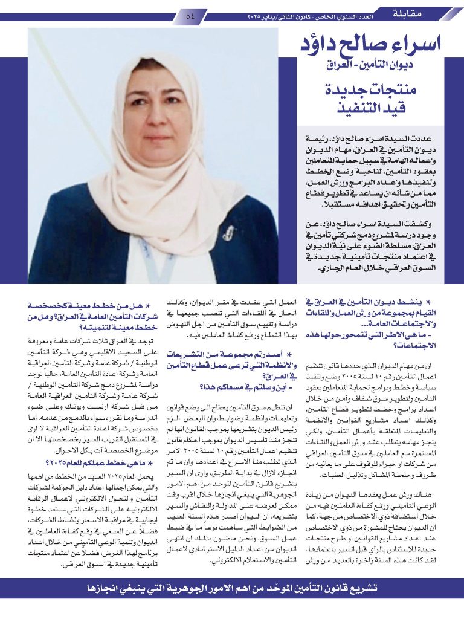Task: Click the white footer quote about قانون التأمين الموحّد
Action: click(232, 588)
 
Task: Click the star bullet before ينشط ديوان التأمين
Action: click(428, 302)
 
